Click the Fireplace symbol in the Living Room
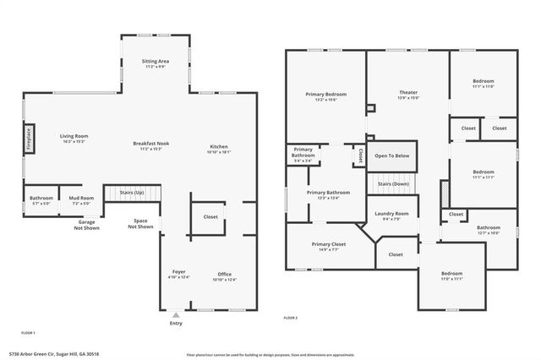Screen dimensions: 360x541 tap(28, 137)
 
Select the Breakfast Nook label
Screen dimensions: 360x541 tap(151, 145)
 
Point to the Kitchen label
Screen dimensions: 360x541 tap(217, 148)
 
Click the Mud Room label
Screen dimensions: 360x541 tap(80, 200)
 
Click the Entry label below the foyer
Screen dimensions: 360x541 tap(176, 323)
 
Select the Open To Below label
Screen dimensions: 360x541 tap(392, 155)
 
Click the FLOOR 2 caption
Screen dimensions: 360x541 tap(291, 317)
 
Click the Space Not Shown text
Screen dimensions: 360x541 tap(141, 223)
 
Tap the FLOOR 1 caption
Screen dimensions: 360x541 tap(29, 333)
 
